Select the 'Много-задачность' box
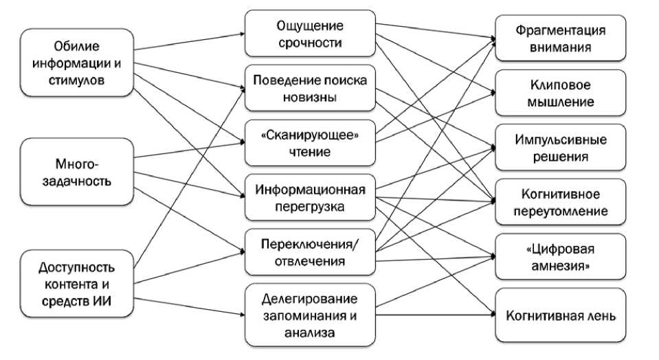[76, 172]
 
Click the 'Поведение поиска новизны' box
[310, 89]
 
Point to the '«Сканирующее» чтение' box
[310, 143]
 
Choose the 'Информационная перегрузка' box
[310, 197]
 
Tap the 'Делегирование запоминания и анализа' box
[310, 316]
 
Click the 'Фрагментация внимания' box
[560, 39]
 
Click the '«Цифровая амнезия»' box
[560, 257]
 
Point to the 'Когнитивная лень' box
[560, 316]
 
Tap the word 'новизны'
[310, 97]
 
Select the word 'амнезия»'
[561, 265]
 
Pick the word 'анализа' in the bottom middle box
[310, 333]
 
